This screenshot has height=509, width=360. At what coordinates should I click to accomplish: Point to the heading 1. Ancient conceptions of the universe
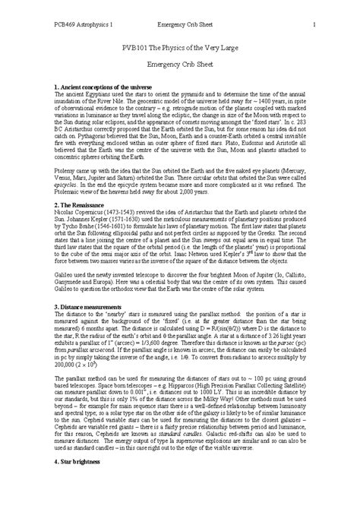click(105, 110)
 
